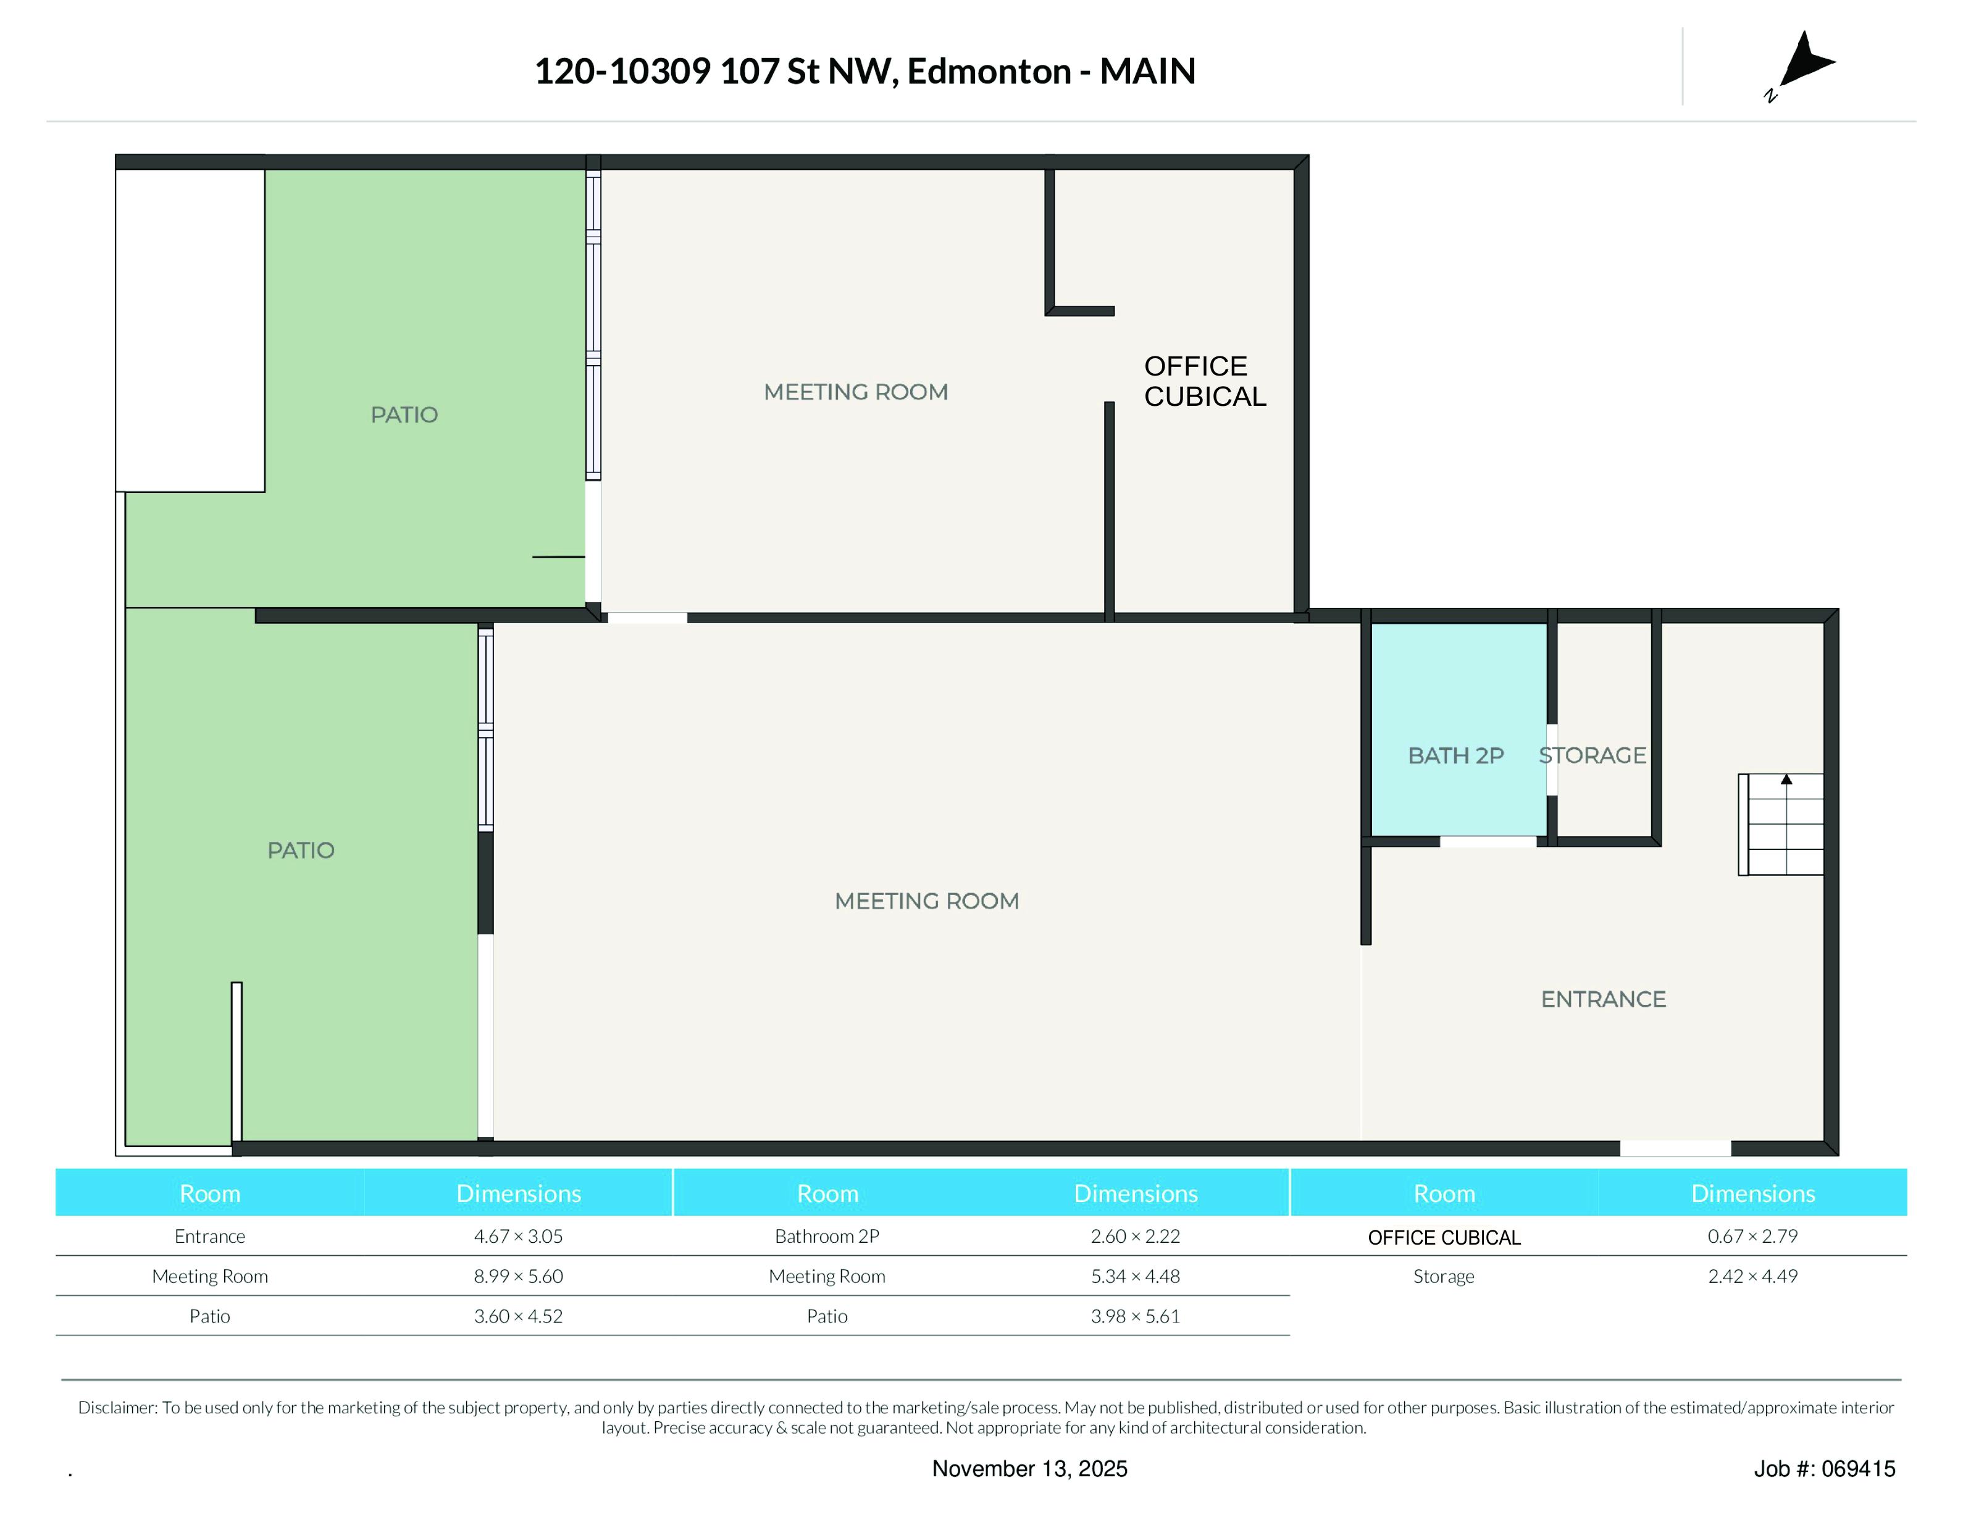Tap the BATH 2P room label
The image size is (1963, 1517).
coord(1455,755)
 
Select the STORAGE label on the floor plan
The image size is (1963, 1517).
coord(1592,755)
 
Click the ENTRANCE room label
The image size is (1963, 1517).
coord(1602,999)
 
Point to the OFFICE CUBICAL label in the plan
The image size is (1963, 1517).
coord(1204,381)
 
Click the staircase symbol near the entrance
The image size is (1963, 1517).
coord(1781,824)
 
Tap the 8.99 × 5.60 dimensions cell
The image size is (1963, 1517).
coord(519,1276)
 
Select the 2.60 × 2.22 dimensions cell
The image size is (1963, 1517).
coord(1135,1237)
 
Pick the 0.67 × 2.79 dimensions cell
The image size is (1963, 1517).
coord(1752,1237)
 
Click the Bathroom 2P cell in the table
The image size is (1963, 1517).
coord(827,1237)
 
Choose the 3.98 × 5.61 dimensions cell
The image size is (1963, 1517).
coord(1135,1316)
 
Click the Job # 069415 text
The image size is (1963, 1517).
coord(1825,1468)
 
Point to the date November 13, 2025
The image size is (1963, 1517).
coord(1029,1468)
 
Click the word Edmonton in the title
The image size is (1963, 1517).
coord(989,71)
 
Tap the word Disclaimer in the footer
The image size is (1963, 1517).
coord(117,1407)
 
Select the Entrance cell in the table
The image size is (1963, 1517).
coord(209,1237)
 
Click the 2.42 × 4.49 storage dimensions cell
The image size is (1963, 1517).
coord(1752,1276)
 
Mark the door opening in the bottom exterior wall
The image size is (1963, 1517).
coord(1675,1148)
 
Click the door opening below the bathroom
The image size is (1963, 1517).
coord(1488,842)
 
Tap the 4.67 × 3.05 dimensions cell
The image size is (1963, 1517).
coord(519,1237)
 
